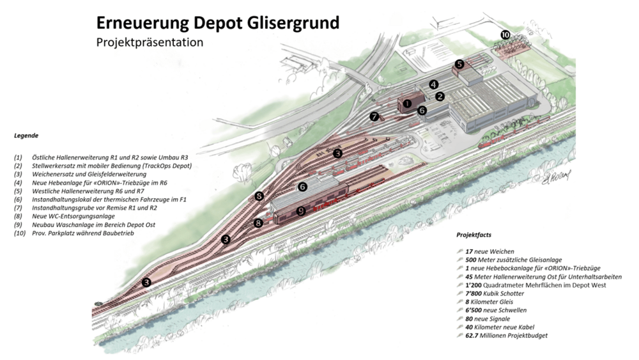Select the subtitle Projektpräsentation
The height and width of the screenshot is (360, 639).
pos(150,42)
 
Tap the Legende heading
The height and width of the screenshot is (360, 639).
pos(26,136)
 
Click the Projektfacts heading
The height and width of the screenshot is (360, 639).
pos(473,235)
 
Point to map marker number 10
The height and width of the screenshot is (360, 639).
pos(505,35)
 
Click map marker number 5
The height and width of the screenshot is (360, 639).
pos(459,64)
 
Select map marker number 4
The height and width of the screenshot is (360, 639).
pos(434,84)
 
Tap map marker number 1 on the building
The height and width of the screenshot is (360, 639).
pos(407,104)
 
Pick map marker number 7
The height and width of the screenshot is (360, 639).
pos(374,116)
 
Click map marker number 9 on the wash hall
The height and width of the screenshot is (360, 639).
pos(301,211)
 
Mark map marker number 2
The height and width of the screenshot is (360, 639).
pos(440,97)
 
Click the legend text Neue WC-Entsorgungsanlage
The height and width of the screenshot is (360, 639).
pos(73,217)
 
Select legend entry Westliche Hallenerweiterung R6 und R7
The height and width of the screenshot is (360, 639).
pos(88,191)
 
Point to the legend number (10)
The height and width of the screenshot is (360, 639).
pos(20,233)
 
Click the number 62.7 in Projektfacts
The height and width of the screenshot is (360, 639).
pos(472,336)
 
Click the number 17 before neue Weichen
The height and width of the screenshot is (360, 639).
pos(469,251)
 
